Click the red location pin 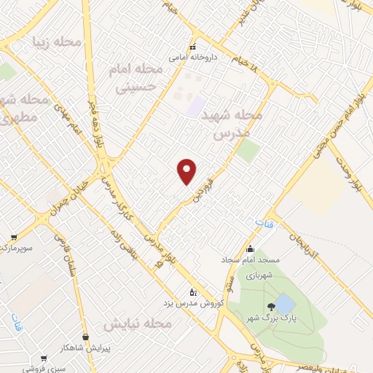click(x=187, y=170)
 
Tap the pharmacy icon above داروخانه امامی click(x=193, y=44)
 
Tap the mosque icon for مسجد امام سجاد click(x=251, y=248)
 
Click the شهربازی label click(x=257, y=276)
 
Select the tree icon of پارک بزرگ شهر click(x=270, y=306)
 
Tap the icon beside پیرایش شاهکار click(x=87, y=337)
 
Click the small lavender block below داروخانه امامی click(x=195, y=105)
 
